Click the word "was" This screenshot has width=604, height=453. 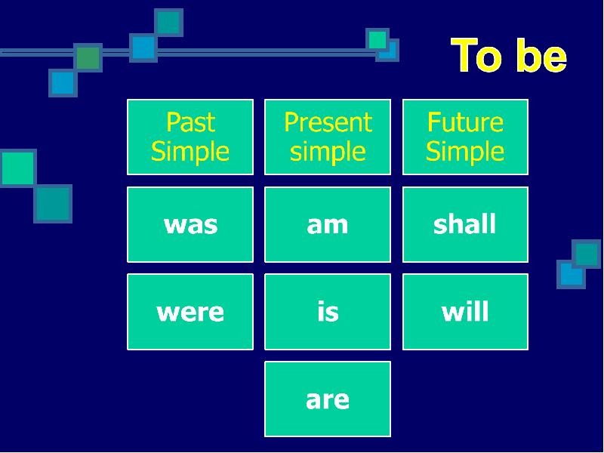[x=191, y=225]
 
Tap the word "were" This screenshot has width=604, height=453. [x=190, y=313]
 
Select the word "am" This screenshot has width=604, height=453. [x=328, y=225]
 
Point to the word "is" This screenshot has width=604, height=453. [x=328, y=311]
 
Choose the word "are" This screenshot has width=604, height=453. [x=328, y=400]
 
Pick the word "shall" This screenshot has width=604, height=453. [x=464, y=223]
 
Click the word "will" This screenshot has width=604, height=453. [x=465, y=311]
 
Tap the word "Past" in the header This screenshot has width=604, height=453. [x=191, y=122]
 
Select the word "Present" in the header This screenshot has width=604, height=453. [x=328, y=122]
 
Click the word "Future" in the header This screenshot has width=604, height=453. [x=465, y=122]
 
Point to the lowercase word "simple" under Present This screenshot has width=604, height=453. [x=328, y=153]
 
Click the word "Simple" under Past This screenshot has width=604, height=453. [x=190, y=153]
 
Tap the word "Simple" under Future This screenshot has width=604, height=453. [x=465, y=153]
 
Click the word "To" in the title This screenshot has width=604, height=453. [x=476, y=55]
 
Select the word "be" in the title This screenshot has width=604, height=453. [x=541, y=55]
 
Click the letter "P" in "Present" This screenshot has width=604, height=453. [x=291, y=122]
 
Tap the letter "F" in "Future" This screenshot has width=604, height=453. [x=433, y=122]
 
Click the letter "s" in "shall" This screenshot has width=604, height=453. [x=439, y=225]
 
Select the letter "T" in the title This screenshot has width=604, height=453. [x=464, y=55]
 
